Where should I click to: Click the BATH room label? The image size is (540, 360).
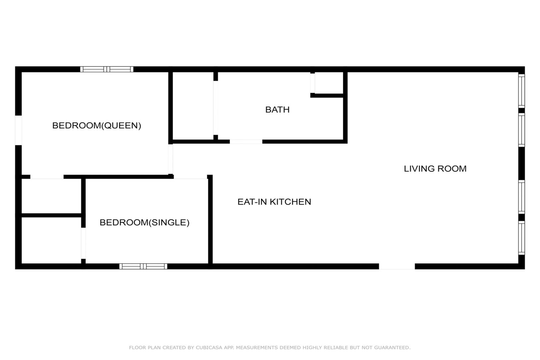pyautogui.click(x=277, y=110)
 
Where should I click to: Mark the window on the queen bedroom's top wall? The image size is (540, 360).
pyautogui.click(x=107, y=69)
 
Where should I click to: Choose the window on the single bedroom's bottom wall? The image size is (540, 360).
pyautogui.click(x=143, y=266)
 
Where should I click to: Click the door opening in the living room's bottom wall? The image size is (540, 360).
pyautogui.click(x=397, y=266)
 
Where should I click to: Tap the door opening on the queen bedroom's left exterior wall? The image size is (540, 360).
pyautogui.click(x=18, y=130)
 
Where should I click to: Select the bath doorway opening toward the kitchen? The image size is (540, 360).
pyautogui.click(x=246, y=142)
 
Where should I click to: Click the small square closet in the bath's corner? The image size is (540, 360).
pyautogui.click(x=329, y=83)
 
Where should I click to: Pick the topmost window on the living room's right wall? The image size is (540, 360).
pyautogui.click(x=521, y=91)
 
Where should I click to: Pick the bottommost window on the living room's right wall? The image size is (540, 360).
pyautogui.click(x=521, y=238)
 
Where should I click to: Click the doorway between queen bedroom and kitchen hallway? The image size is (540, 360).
pyautogui.click(x=171, y=159)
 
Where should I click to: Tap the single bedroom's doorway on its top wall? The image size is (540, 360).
pyautogui.click(x=191, y=177)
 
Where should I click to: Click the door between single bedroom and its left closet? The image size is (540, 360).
pyautogui.click(x=83, y=243)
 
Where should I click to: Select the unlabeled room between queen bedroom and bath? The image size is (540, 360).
pyautogui.click(x=193, y=106)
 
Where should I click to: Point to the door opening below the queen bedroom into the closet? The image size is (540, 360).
pyautogui.click(x=47, y=177)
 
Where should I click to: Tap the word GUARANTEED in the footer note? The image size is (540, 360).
pyautogui.click(x=392, y=347)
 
